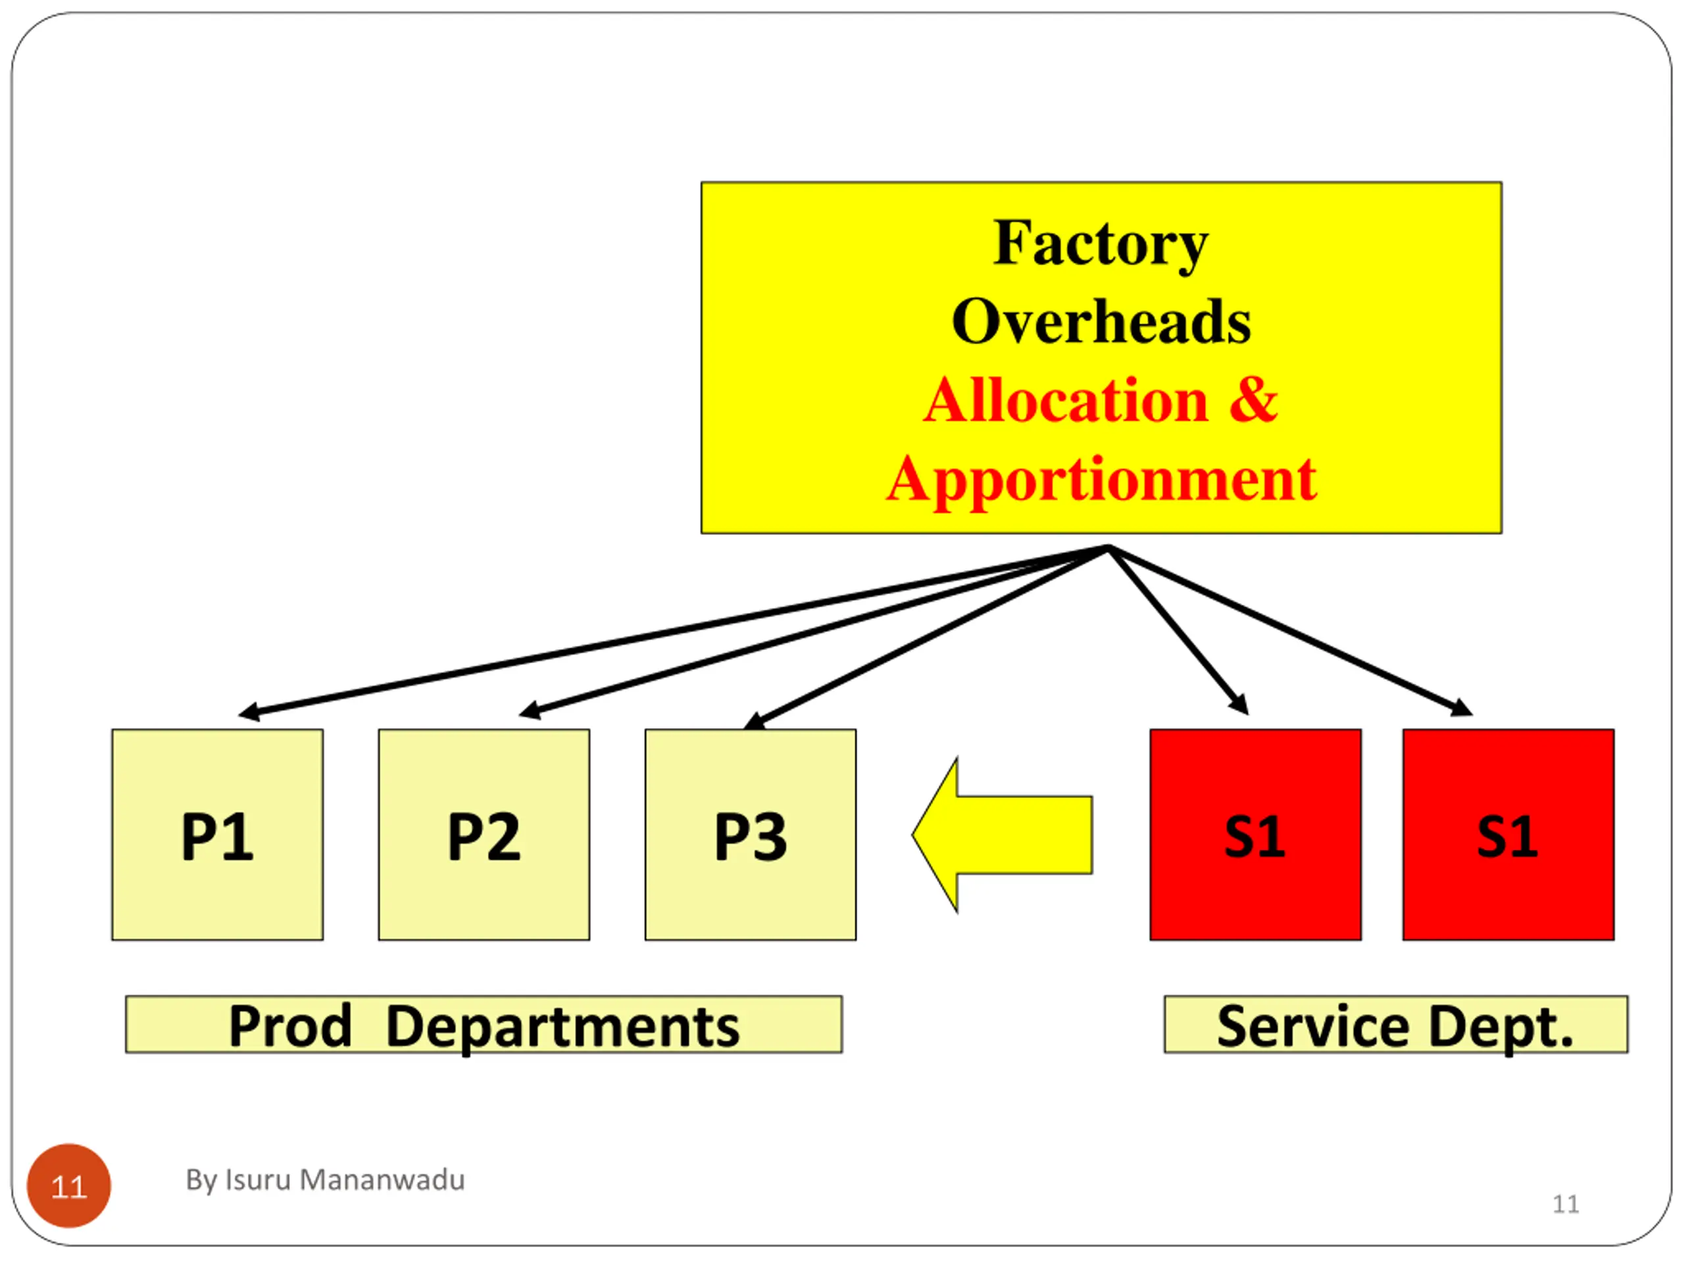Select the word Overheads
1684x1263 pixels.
pyautogui.click(x=1101, y=322)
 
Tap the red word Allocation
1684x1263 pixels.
pyautogui.click(x=1065, y=401)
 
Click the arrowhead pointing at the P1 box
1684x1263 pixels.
pyautogui.click(x=248, y=712)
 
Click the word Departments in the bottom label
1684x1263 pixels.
pyautogui.click(x=562, y=1026)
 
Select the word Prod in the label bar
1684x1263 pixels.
pyautogui.click(x=290, y=1026)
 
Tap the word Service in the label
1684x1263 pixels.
pyautogui.click(x=1312, y=1026)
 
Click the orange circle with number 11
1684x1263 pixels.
pyautogui.click(x=68, y=1185)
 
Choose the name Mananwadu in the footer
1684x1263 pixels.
pyautogui.click(x=382, y=1180)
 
